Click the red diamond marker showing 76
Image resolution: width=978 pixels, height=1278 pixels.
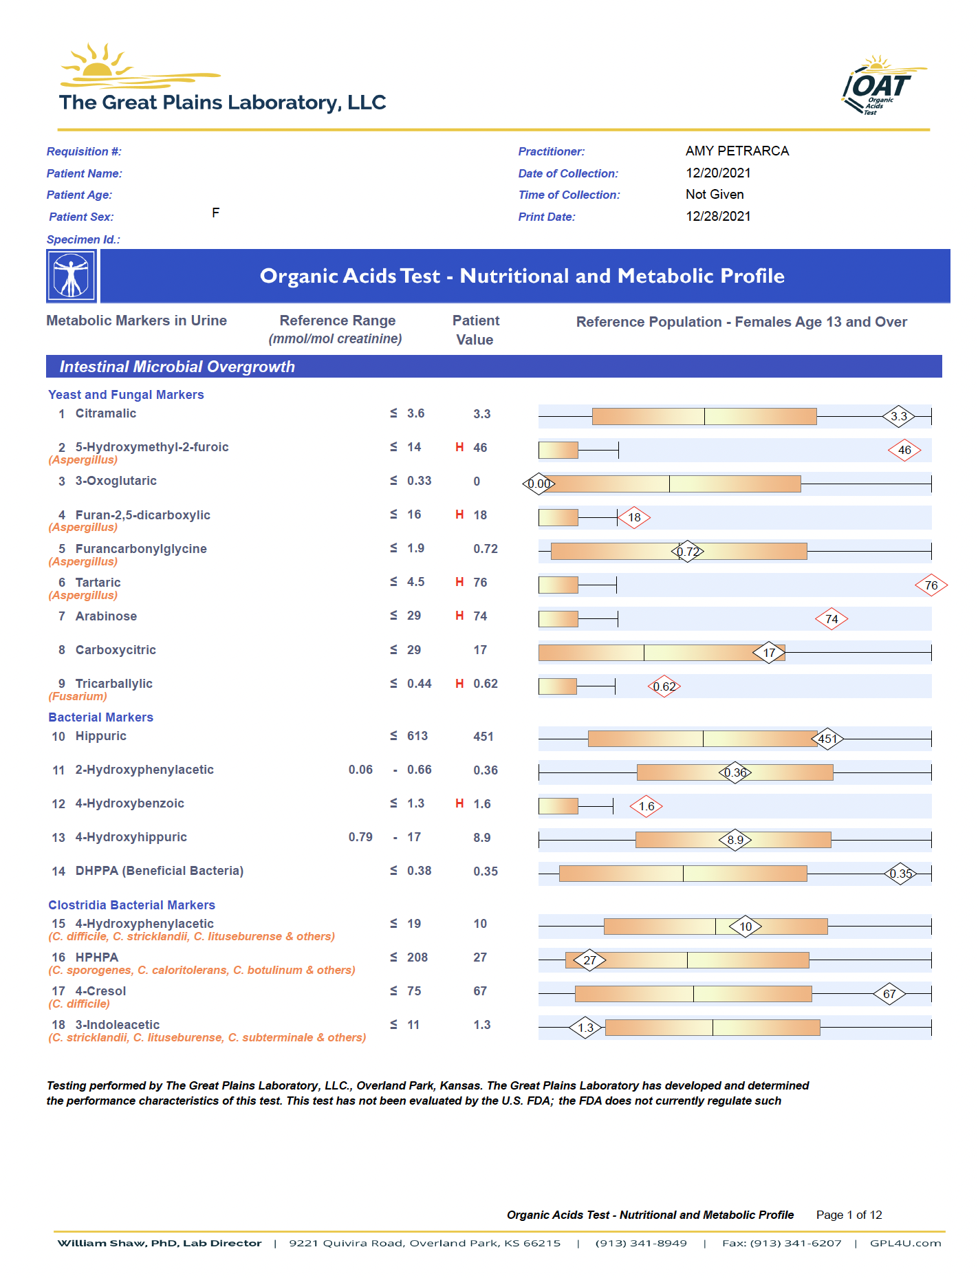click(931, 585)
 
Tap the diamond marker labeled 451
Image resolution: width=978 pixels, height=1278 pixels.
click(827, 739)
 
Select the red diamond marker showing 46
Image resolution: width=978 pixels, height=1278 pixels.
click(904, 451)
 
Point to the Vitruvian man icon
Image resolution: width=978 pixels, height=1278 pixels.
click(72, 276)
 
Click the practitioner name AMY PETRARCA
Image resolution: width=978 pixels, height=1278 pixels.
click(737, 151)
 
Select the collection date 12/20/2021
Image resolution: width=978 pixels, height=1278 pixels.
click(718, 173)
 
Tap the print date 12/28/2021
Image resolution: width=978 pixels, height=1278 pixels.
click(718, 217)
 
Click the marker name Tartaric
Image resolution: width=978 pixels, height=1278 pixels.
click(98, 583)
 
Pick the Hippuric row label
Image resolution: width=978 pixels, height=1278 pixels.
click(100, 736)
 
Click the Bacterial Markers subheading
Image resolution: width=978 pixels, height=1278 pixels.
click(100, 717)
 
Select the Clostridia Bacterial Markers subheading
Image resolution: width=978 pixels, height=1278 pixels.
click(131, 905)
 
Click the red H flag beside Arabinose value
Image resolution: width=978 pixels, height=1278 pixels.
click(459, 616)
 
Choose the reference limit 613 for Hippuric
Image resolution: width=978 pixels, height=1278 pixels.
click(417, 736)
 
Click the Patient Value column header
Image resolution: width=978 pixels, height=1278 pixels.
click(475, 330)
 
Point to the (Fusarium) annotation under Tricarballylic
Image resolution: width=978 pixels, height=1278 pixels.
click(78, 697)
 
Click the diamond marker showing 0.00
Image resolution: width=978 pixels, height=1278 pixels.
click(539, 484)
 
